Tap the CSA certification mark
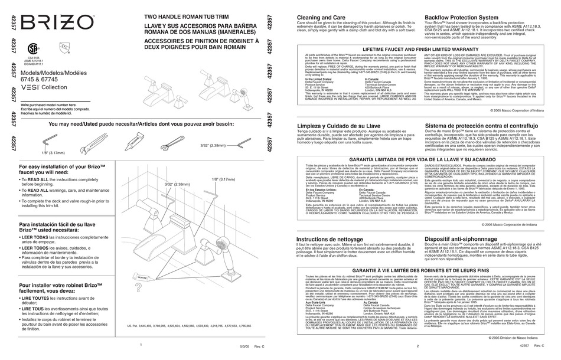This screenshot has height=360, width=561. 34,49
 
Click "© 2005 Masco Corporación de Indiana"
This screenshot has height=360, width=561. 517,224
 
